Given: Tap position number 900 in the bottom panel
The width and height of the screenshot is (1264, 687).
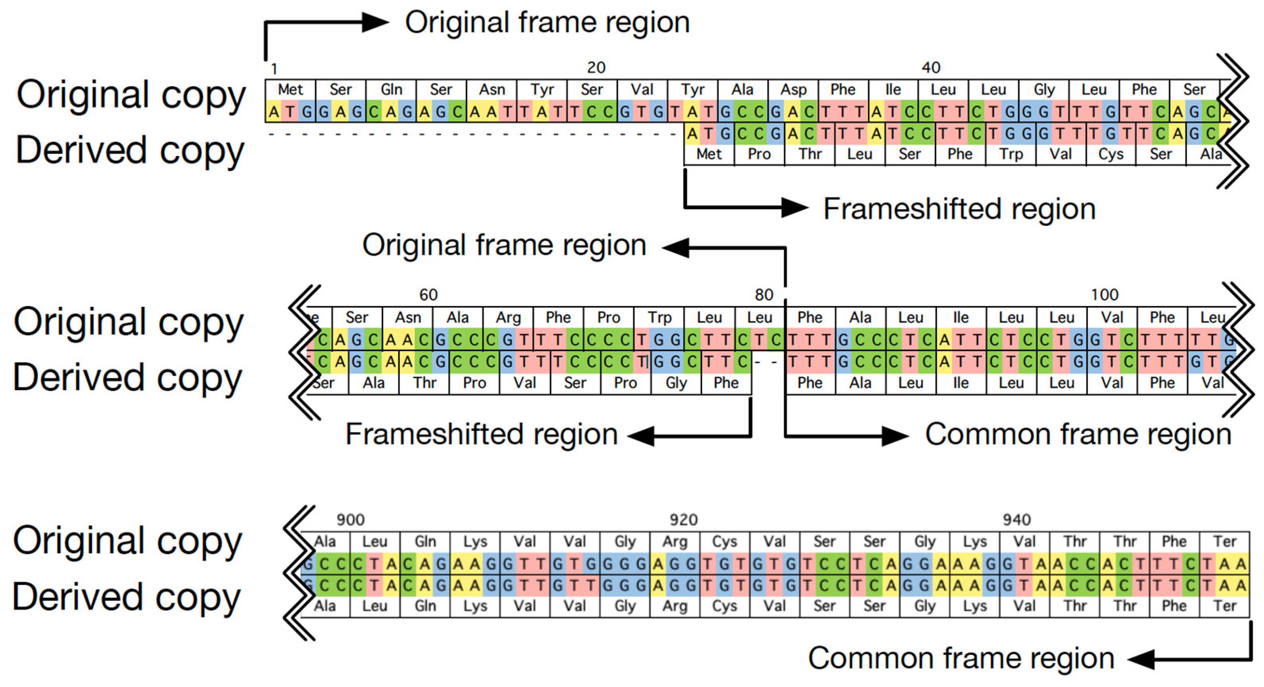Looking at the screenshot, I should (x=350, y=520).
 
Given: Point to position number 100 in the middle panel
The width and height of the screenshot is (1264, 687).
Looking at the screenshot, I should (x=1104, y=295).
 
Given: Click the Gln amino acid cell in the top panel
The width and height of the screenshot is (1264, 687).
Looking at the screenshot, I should (x=391, y=90).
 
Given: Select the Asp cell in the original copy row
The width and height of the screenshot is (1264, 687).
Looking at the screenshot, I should (x=793, y=90).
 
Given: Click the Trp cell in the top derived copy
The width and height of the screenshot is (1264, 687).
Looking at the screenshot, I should (x=1011, y=154).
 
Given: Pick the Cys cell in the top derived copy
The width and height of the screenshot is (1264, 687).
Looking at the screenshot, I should (x=1111, y=154).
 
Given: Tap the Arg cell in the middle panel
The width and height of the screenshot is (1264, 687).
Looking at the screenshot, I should (x=508, y=318).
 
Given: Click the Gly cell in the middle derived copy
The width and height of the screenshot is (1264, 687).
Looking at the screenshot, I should (x=676, y=383).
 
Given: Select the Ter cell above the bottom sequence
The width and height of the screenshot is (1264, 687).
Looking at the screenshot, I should (x=1225, y=542).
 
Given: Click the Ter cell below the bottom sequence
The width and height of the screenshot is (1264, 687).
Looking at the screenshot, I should (x=1225, y=606).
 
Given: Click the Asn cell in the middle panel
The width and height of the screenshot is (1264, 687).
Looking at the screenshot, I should (x=408, y=318).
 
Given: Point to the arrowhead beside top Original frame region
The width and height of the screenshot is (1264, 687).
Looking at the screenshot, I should (x=376, y=23).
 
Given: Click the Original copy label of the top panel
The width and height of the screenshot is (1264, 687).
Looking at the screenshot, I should (x=131, y=95).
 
